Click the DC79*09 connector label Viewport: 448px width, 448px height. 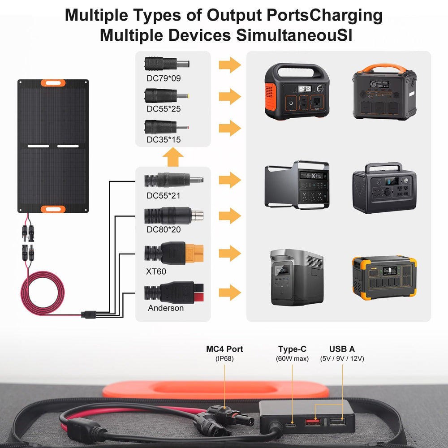pos(164,78)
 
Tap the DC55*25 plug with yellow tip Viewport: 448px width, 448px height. pos(167,95)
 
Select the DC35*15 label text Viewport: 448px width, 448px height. pos(164,139)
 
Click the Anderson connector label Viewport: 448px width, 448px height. pos(166,308)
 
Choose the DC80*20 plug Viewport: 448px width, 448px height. pos(174,216)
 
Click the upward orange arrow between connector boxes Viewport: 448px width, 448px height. pos(173,157)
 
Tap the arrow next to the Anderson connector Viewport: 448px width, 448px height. pos(230,293)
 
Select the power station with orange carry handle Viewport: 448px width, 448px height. pos(384,91)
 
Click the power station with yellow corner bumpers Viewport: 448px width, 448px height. pos(384,277)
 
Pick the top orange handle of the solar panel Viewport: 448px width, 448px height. pos(53,83)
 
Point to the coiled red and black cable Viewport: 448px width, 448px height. pos(43,293)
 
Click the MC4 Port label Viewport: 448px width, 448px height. pos(224,349)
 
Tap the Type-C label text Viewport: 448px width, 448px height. pos(292,349)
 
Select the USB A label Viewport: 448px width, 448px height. pos(342,349)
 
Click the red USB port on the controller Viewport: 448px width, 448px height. pos(313,422)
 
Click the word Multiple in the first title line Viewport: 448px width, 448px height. pos(97,16)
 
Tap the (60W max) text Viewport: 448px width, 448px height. pos(292,358)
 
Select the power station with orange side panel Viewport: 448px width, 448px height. pos(297,91)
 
